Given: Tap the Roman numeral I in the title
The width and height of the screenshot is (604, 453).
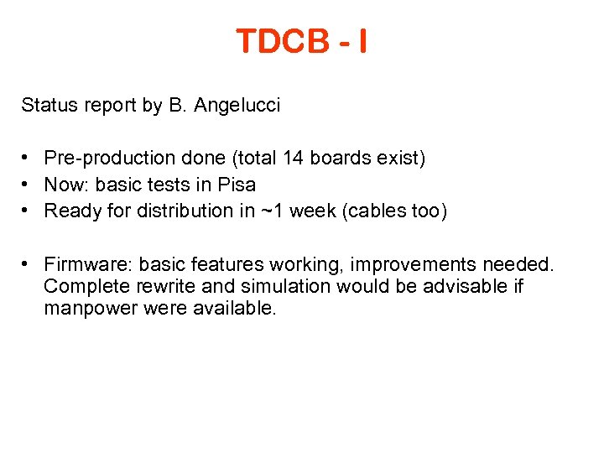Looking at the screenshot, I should (x=361, y=40).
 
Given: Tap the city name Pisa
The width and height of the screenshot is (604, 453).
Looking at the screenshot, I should (x=237, y=185).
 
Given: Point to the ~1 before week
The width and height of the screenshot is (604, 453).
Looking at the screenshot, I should (x=272, y=211).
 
